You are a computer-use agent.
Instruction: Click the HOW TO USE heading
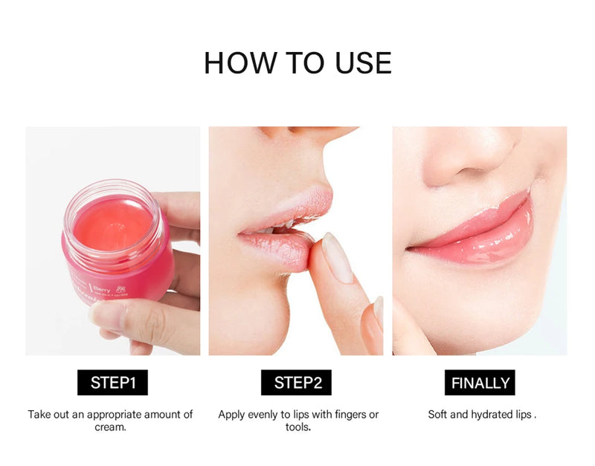click(x=297, y=63)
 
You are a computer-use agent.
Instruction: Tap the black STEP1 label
click(x=112, y=383)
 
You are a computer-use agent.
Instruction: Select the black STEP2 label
click(x=297, y=383)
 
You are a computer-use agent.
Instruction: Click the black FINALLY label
click(x=481, y=383)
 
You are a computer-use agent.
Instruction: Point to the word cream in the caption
click(x=109, y=427)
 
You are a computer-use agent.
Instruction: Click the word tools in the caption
click(x=297, y=427)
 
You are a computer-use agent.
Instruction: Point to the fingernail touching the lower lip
click(x=337, y=257)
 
